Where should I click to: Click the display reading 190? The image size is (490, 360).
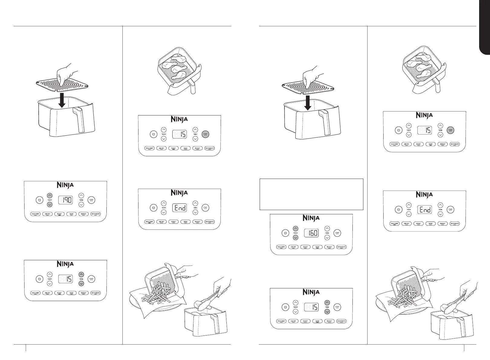(x=65, y=200)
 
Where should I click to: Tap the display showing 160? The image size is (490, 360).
(x=311, y=233)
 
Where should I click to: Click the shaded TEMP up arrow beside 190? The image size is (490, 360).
(x=50, y=196)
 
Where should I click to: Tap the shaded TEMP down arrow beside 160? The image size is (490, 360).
(x=296, y=238)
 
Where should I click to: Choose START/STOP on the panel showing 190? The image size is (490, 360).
(x=91, y=200)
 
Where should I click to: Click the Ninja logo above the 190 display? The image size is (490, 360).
(x=65, y=185)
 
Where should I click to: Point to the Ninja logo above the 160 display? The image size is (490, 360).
(x=311, y=218)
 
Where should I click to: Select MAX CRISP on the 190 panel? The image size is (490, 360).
(x=35, y=214)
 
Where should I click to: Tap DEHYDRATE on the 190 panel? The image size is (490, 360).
(x=95, y=214)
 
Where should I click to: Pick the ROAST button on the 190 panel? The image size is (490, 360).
(x=59, y=214)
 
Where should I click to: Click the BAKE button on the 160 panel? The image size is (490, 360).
(x=317, y=247)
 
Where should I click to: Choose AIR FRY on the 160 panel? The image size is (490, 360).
(x=293, y=247)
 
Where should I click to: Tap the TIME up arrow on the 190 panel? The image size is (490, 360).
(x=81, y=196)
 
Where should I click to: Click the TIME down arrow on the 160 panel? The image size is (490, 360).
(x=327, y=238)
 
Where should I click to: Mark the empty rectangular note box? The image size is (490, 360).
(x=311, y=194)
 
